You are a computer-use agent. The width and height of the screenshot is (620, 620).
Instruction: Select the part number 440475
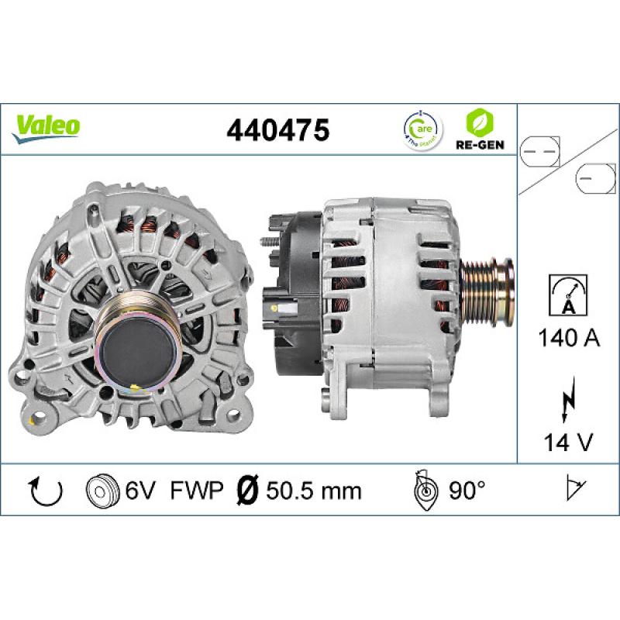pos(277,129)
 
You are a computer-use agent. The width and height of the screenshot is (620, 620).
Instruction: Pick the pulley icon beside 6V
pos(99,491)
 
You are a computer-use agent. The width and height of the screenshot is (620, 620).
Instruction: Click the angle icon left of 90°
pos(425,490)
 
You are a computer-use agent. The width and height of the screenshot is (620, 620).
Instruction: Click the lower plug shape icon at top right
pos(595,177)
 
